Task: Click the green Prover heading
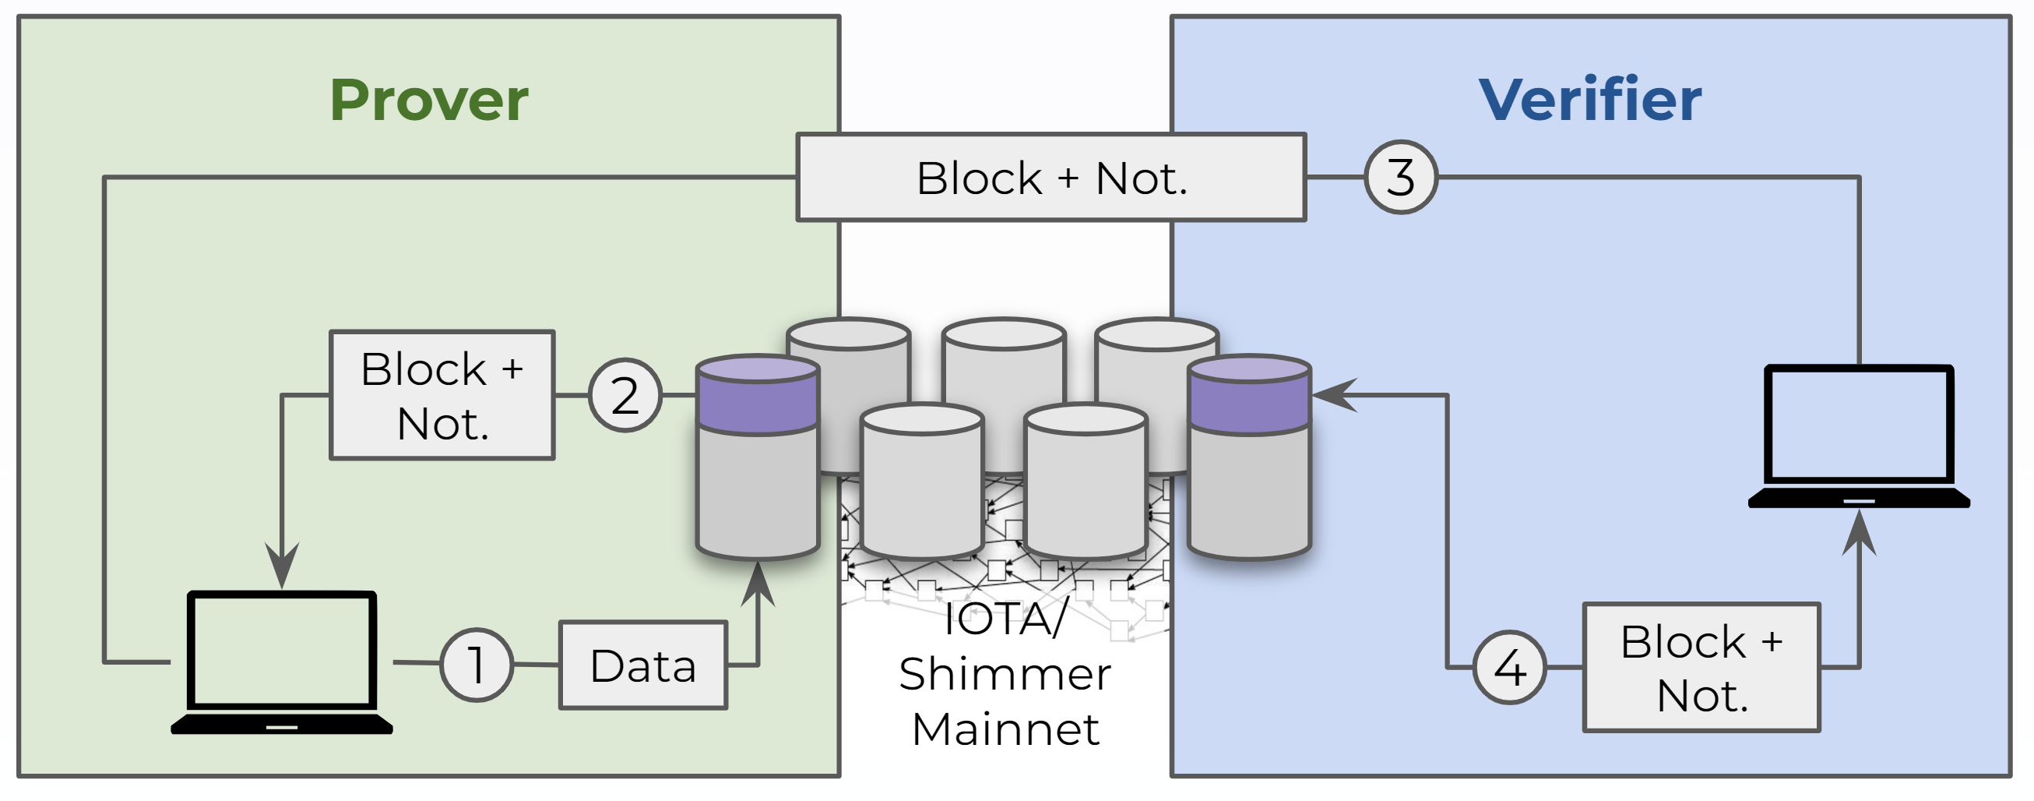(x=429, y=101)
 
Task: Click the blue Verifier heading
(x=1589, y=101)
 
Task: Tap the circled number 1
(x=476, y=665)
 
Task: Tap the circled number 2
(x=625, y=395)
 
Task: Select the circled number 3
(x=1401, y=177)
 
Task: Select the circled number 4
(x=1509, y=668)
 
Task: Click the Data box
(x=642, y=665)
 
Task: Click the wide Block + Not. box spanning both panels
(x=1051, y=177)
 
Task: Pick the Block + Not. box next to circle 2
(x=442, y=395)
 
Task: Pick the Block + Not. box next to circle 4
(x=1701, y=668)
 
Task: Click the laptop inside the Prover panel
(x=282, y=662)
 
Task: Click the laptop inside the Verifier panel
(x=1859, y=436)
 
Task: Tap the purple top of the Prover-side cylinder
(x=757, y=395)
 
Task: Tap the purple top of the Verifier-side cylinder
(x=1249, y=395)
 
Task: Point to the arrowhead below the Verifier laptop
(x=1859, y=533)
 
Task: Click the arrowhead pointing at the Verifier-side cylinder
(x=1335, y=395)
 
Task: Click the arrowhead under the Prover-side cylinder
(x=757, y=584)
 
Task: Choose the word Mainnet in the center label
(x=1005, y=729)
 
